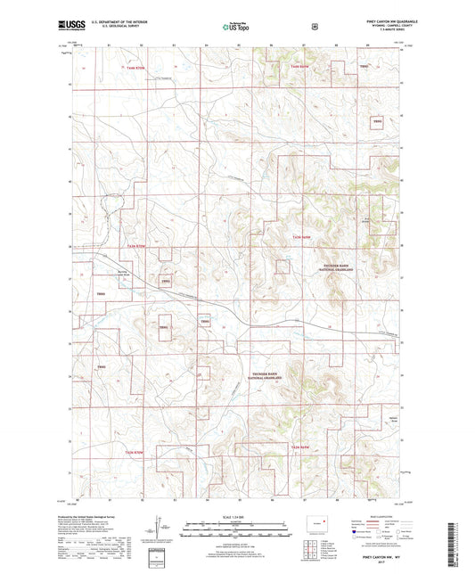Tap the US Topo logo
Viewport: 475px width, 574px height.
coord(236,27)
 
